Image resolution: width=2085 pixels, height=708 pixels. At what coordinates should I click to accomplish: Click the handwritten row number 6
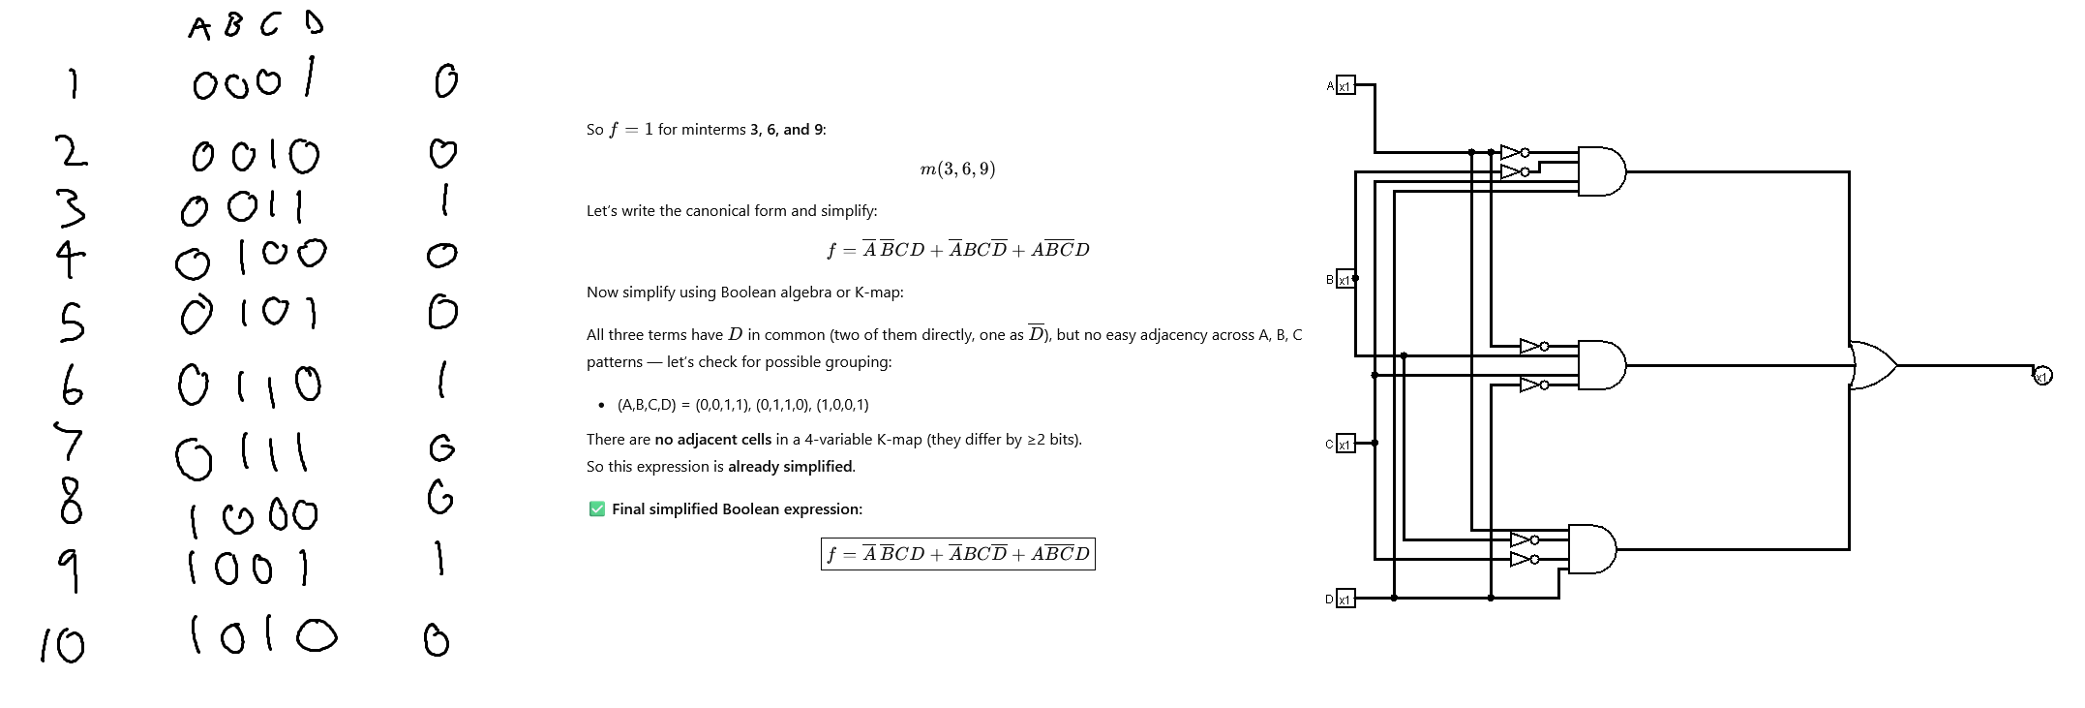[x=72, y=385]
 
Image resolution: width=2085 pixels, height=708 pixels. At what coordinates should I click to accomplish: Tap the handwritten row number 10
[x=63, y=644]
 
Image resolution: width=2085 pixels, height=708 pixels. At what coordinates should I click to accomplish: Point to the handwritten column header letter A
[x=199, y=28]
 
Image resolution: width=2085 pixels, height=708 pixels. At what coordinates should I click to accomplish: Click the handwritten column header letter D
[x=314, y=21]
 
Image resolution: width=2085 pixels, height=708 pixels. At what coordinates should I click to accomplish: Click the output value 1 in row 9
[x=439, y=558]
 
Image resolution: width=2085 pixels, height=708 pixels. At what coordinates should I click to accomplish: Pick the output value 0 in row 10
[x=437, y=639]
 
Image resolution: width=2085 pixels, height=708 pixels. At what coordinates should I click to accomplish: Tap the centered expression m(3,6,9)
[x=957, y=169]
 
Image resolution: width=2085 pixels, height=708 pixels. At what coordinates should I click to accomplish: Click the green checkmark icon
[x=597, y=509]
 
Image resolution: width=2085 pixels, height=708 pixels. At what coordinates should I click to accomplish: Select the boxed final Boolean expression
[x=957, y=554]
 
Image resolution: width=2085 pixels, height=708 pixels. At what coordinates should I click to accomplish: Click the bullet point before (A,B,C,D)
[x=601, y=405]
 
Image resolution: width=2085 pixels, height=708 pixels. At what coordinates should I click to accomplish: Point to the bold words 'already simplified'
[x=790, y=467]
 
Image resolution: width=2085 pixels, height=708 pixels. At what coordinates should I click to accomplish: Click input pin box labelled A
[x=1345, y=85]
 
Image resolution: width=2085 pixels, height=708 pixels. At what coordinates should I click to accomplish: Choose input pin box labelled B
[x=1345, y=279]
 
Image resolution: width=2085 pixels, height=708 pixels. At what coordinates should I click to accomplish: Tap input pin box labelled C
[x=1345, y=444]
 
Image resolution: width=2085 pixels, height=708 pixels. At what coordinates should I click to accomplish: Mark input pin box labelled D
[x=1345, y=599]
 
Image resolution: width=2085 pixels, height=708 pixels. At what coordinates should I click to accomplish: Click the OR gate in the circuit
[x=1872, y=365]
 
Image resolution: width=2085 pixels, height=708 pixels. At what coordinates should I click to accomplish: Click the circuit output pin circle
[x=2042, y=376]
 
